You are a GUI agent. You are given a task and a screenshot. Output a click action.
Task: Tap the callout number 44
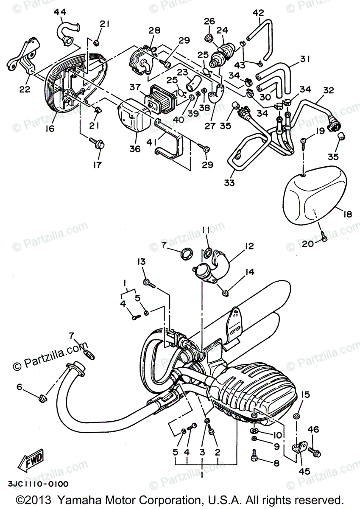(60, 13)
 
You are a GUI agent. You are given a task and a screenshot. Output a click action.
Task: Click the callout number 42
(258, 12)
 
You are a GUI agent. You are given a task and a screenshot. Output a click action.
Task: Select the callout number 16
(50, 128)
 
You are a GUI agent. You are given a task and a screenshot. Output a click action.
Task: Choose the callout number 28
(154, 30)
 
